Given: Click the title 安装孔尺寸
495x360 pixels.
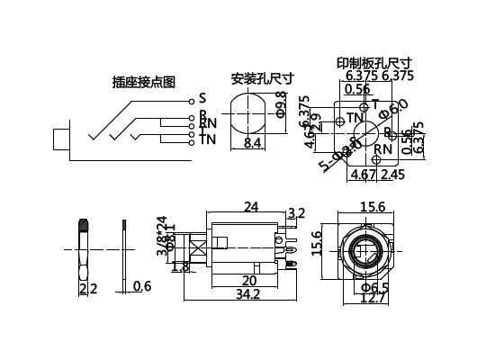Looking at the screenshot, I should (x=263, y=77).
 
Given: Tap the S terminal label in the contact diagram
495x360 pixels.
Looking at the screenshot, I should (x=202, y=97).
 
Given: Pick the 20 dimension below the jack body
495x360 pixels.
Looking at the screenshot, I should (x=248, y=280).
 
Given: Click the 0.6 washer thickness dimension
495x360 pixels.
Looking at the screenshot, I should (x=141, y=286).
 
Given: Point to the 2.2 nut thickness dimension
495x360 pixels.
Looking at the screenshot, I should (x=88, y=288).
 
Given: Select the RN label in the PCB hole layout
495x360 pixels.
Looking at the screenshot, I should (x=382, y=148).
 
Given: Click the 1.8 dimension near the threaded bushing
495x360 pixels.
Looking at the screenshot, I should (x=179, y=266).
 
